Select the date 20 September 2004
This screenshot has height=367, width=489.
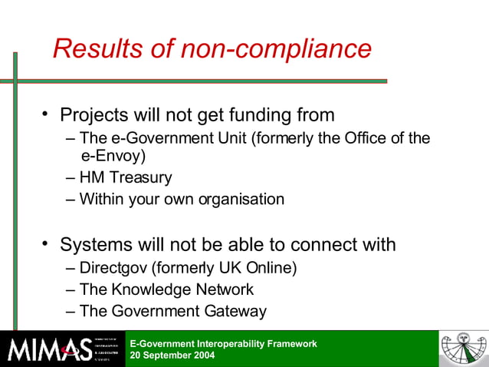point(172,355)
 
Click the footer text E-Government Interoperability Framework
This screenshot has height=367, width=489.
point(223,343)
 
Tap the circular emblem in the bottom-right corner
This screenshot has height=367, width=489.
point(463,349)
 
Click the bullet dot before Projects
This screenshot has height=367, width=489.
point(46,115)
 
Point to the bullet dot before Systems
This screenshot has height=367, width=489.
point(46,245)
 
